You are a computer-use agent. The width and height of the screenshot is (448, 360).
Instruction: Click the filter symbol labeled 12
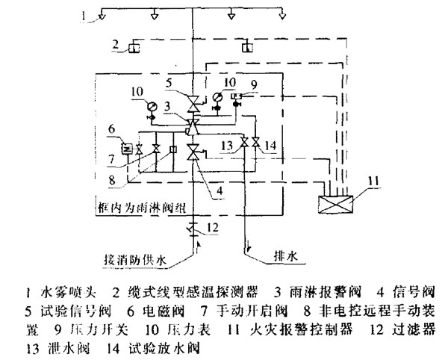193,227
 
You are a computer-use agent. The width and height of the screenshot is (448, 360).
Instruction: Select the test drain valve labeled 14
256,143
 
